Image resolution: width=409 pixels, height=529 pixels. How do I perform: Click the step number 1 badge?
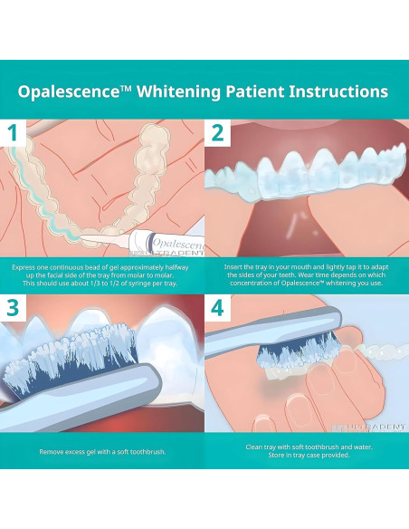[x=12, y=134]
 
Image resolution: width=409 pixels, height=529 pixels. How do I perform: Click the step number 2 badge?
[x=217, y=134]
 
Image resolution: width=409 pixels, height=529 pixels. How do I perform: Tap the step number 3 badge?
[x=12, y=307]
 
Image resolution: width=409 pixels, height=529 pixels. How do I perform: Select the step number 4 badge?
[x=217, y=307]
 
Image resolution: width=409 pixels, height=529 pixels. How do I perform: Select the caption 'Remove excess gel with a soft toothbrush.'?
[x=101, y=450]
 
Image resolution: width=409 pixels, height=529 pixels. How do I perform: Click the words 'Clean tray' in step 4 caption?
[x=262, y=446]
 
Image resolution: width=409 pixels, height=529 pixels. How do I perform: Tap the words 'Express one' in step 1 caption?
[x=31, y=268]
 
